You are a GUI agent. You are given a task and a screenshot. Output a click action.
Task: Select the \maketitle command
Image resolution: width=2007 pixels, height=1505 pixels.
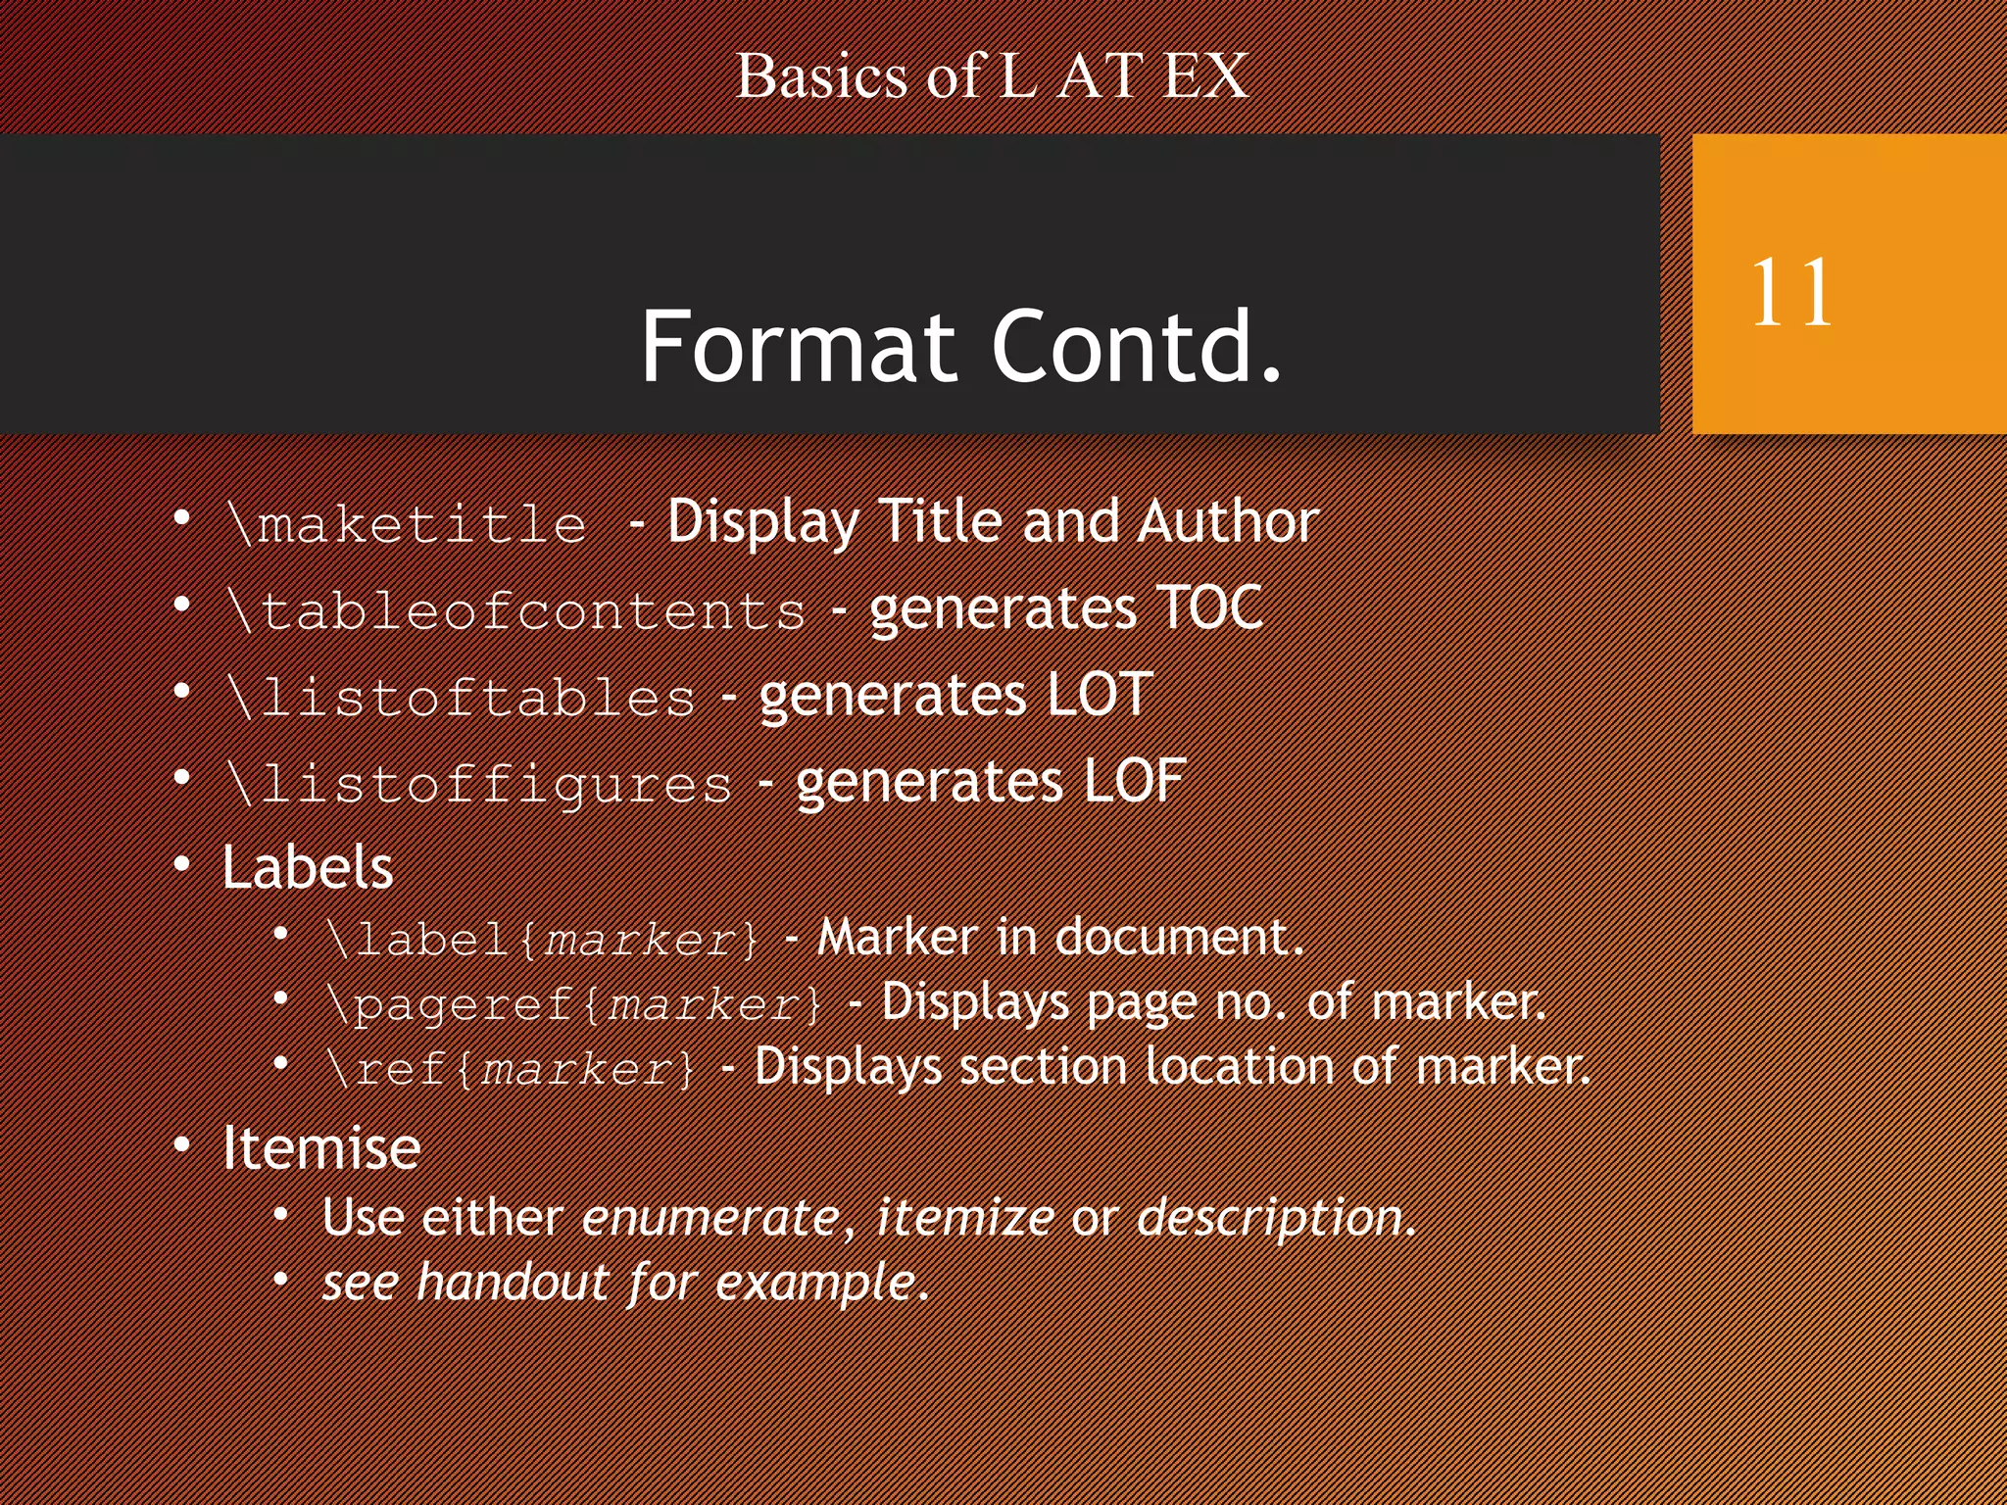pyautogui.click(x=407, y=524)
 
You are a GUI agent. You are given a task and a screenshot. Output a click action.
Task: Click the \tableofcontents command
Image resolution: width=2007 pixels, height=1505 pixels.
pyautogui.click(x=516, y=611)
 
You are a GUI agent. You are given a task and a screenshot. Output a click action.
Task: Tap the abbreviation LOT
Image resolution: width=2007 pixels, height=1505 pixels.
pyautogui.click(x=1100, y=695)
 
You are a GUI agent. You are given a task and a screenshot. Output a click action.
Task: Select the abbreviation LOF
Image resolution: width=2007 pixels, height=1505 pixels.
pyautogui.click(x=1135, y=781)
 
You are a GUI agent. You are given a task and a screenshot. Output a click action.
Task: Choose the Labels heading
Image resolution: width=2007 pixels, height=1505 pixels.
pyautogui.click(x=308, y=867)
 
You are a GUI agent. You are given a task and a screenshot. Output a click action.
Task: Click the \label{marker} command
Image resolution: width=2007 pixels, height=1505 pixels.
pyautogui.click(x=543, y=940)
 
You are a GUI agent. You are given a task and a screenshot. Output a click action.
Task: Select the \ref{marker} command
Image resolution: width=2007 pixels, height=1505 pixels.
pyautogui.click(x=512, y=1068)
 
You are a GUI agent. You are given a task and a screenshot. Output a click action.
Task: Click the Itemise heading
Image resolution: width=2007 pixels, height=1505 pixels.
pyautogui.click(x=321, y=1147)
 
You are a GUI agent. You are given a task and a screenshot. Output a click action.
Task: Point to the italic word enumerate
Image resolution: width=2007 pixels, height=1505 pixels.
pyautogui.click(x=710, y=1218)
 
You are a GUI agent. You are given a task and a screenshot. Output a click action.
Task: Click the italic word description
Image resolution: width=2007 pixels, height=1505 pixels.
pyautogui.click(x=1271, y=1218)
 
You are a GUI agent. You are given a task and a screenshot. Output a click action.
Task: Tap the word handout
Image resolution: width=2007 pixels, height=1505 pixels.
pyautogui.click(x=514, y=1283)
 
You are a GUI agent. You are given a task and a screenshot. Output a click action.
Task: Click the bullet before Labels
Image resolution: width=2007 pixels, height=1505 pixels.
pyautogui.click(x=182, y=865)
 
